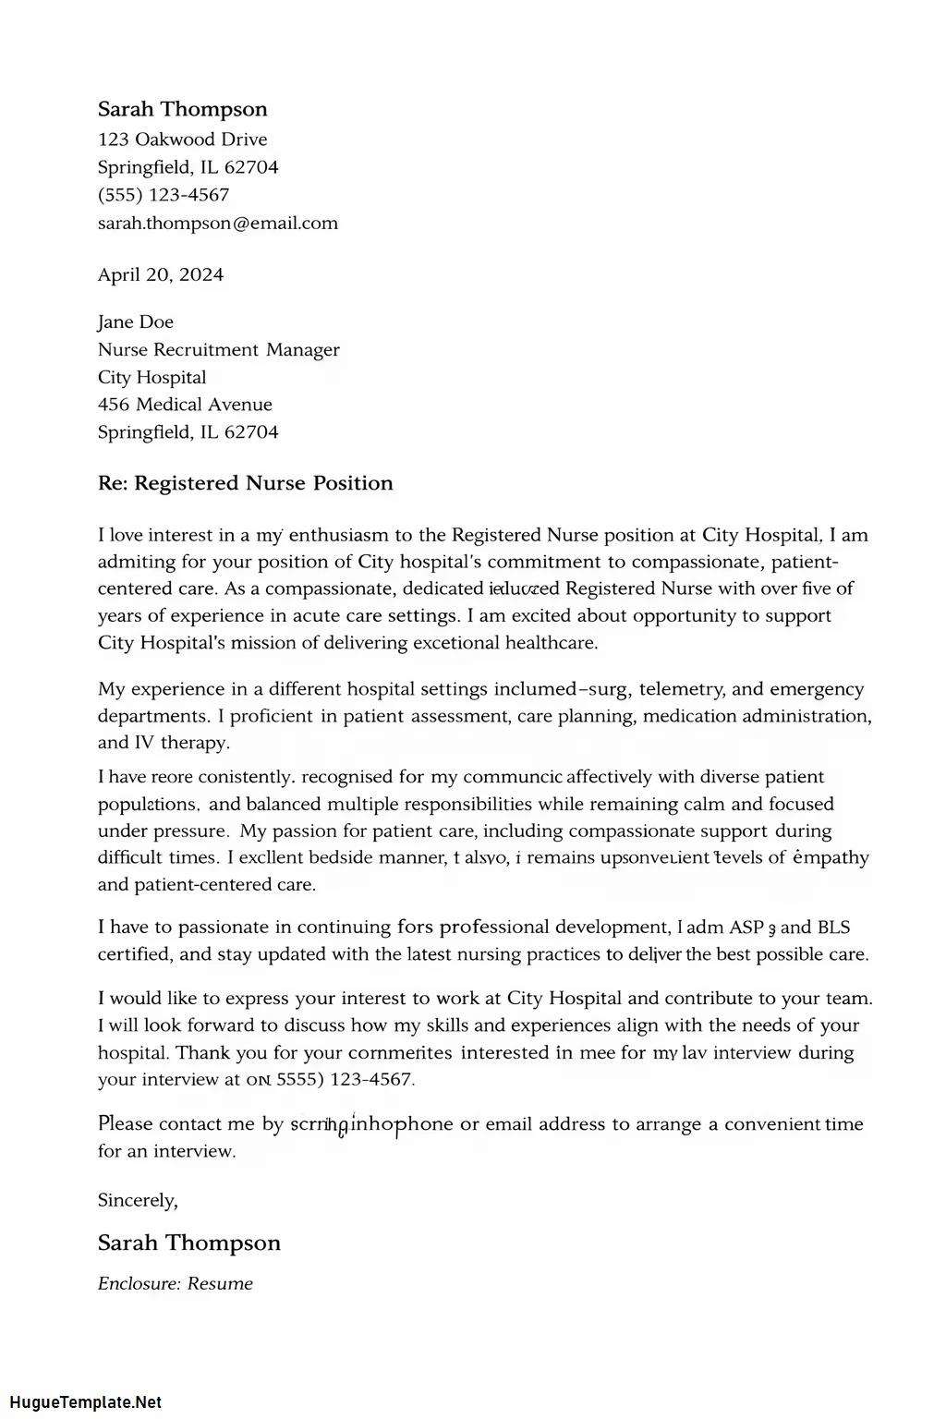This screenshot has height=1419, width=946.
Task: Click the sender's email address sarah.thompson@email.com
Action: (x=218, y=223)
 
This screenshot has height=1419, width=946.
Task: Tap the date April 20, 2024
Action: (x=161, y=274)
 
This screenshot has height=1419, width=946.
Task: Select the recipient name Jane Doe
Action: (x=136, y=321)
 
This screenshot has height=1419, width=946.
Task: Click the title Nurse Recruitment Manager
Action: (x=219, y=349)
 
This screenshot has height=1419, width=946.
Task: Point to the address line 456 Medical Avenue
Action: (x=185, y=404)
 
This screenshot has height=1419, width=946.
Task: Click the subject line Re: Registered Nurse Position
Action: (x=246, y=483)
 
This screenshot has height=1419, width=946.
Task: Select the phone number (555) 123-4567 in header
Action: (x=164, y=195)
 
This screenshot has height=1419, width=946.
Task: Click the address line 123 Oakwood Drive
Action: (x=183, y=139)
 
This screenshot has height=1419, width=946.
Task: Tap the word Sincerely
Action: (x=137, y=1200)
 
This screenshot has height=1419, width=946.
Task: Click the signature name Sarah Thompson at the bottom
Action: (x=189, y=1243)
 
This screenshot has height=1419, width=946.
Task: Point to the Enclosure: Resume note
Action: (x=176, y=1283)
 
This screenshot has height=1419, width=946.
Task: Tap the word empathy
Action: (x=831, y=857)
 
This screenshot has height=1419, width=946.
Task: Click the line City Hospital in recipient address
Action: (x=152, y=377)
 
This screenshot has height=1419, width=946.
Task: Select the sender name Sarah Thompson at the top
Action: (x=183, y=109)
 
